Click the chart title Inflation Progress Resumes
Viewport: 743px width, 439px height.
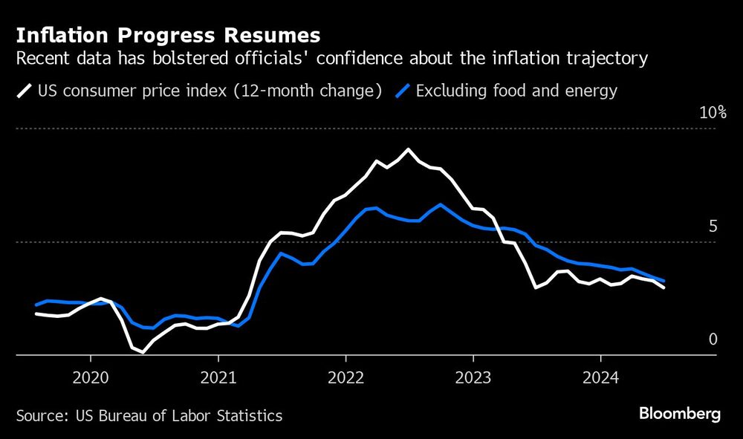[x=168, y=36]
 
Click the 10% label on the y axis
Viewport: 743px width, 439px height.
[x=711, y=113]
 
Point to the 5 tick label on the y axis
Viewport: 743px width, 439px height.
[x=713, y=227]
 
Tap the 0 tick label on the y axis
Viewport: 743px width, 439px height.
[x=713, y=339]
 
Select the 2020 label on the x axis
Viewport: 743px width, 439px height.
[x=90, y=376]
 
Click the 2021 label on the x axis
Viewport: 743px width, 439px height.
[x=218, y=376]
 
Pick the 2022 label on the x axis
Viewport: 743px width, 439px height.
[x=345, y=376]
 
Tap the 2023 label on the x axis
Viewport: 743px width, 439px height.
[x=473, y=376]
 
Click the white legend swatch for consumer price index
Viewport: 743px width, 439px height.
[x=25, y=91]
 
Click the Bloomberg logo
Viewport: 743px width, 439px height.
[x=679, y=414]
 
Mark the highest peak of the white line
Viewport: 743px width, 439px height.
[x=407, y=149]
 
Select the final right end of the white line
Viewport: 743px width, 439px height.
[x=663, y=287]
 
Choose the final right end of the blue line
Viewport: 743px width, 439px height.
[x=663, y=281]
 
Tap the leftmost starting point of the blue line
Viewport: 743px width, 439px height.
[x=36, y=305]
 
